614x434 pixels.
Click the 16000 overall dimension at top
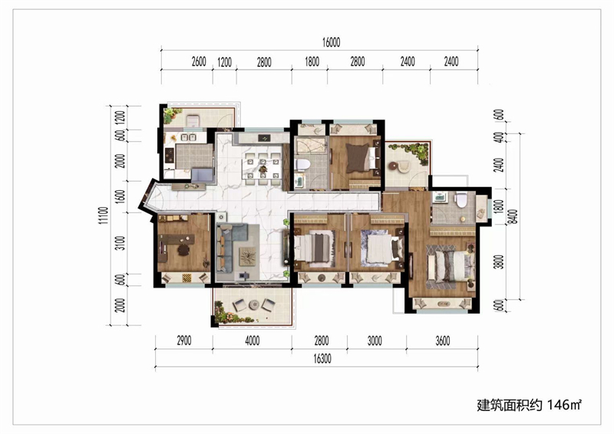tap(332, 42)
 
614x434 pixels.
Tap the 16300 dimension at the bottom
tap(322, 358)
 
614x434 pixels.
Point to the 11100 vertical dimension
tap(103, 215)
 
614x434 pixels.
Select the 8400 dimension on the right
tap(513, 217)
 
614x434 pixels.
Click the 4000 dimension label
tap(253, 341)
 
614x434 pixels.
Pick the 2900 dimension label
tap(184, 341)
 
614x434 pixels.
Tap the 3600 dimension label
tap(443, 341)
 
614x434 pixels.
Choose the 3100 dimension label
tap(121, 243)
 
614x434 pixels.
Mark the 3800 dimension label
tap(498, 261)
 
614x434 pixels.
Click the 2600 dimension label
tap(199, 62)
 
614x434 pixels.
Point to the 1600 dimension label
tap(121, 196)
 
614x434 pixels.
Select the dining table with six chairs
tap(262, 169)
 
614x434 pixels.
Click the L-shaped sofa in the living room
tap(232, 248)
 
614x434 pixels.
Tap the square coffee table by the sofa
tap(247, 256)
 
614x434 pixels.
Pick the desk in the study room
tap(177, 239)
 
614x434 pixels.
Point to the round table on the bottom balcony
tap(254, 304)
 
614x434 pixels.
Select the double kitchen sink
tap(188, 137)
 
